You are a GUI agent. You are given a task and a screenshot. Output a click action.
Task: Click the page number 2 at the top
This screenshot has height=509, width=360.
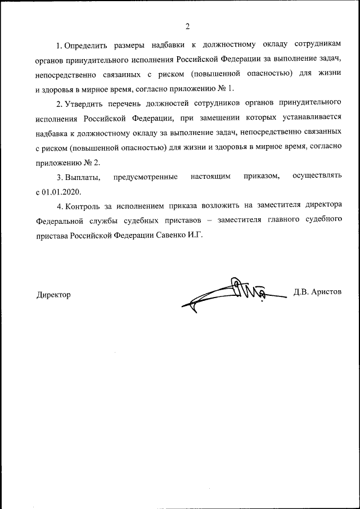tap(187, 26)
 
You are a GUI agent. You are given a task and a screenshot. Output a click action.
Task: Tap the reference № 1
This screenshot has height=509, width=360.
tap(224, 89)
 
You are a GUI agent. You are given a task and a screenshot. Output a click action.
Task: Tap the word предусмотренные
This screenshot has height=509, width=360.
tap(145, 177)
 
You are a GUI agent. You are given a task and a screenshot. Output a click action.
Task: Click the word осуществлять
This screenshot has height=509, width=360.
tap(317, 177)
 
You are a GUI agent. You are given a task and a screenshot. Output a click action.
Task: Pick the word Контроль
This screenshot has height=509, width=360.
tap(84, 206)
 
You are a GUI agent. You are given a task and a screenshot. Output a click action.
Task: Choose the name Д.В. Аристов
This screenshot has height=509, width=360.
tap(317, 292)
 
